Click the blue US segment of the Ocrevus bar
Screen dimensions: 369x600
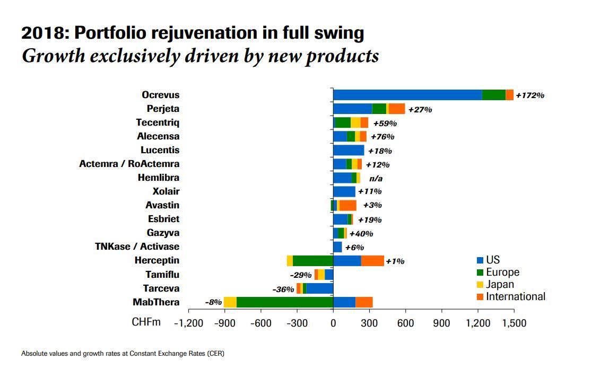tap(407, 95)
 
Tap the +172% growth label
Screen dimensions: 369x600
tap(530, 95)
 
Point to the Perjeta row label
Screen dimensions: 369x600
tap(163, 109)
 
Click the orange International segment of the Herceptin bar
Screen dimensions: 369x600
tap(372, 261)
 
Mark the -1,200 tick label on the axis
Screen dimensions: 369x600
tap(188, 323)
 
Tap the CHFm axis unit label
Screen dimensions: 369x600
tap(146, 322)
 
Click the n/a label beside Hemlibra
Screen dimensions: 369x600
tap(376, 178)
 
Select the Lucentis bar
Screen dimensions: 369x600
tap(349, 150)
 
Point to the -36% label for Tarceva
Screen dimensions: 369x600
tap(283, 289)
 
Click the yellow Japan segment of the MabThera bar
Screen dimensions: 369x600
tap(230, 302)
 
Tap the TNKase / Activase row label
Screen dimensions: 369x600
tap(137, 247)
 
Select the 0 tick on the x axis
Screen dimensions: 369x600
tap(333, 323)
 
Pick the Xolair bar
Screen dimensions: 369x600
tap(344, 191)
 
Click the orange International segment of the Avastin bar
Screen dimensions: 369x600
tap(348, 205)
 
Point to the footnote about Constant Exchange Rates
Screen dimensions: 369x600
tap(123, 353)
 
